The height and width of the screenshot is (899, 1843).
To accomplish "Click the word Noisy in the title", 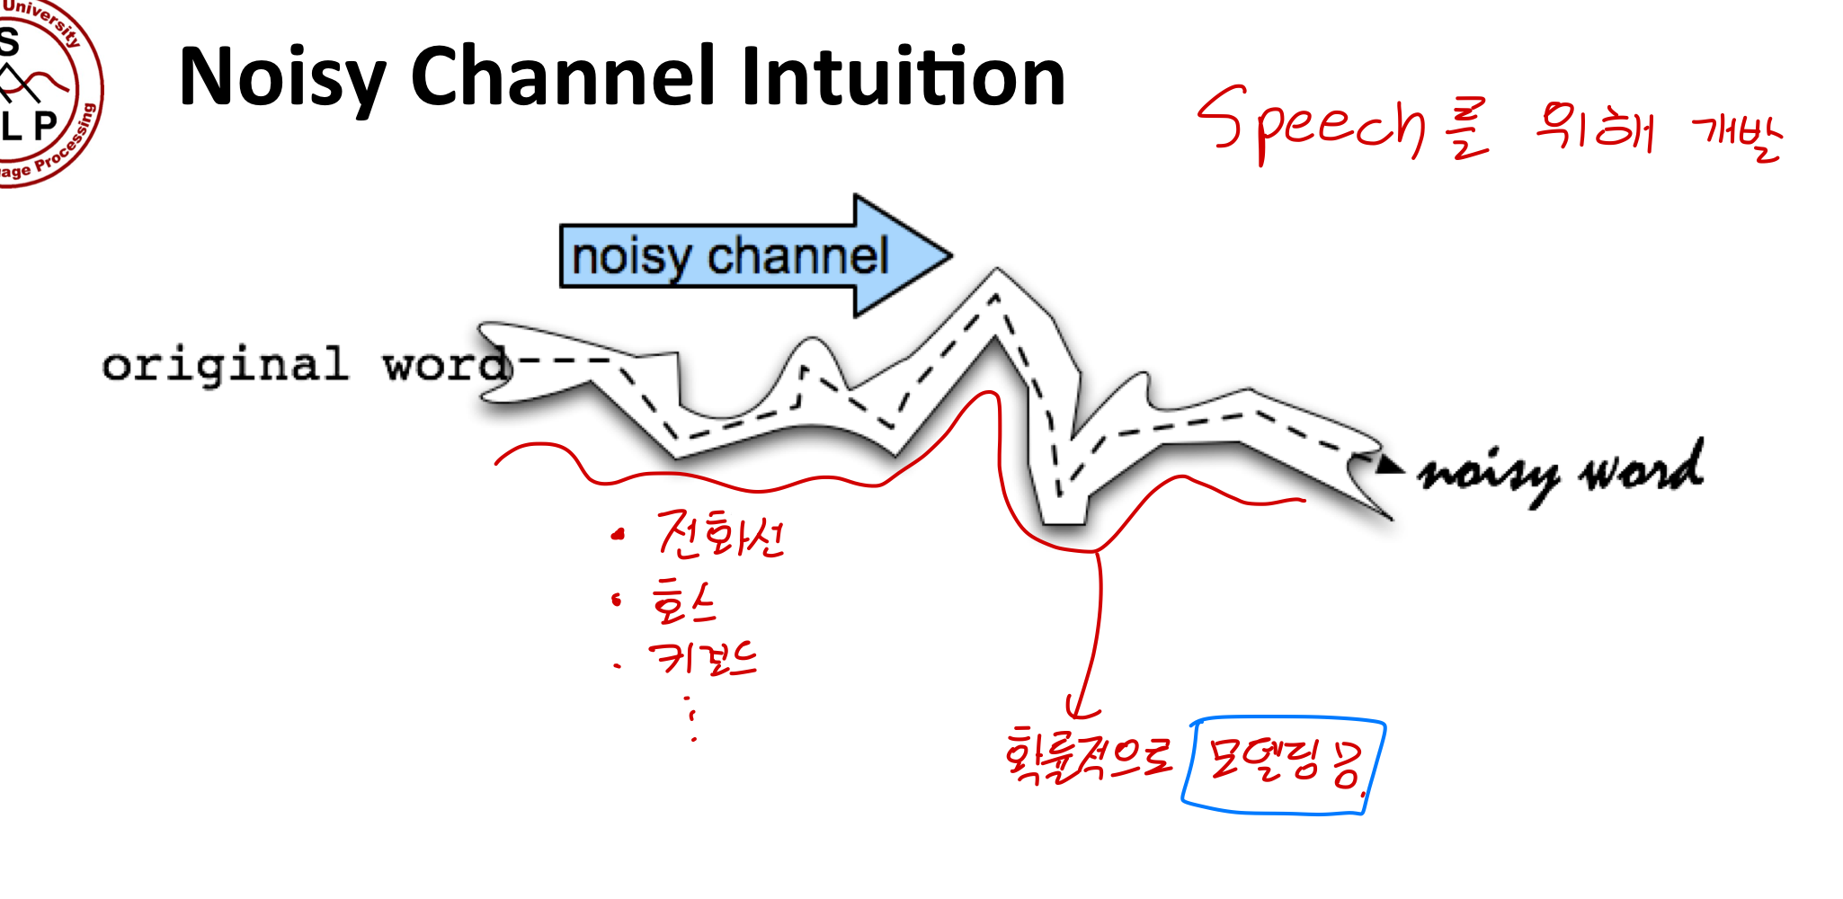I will pyautogui.click(x=281, y=79).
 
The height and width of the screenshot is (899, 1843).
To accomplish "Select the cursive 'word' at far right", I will pyautogui.click(x=1642, y=468).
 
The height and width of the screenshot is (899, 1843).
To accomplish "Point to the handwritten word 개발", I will pyautogui.click(x=1736, y=135).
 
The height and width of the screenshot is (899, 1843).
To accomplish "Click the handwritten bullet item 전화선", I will pyautogui.click(x=719, y=535).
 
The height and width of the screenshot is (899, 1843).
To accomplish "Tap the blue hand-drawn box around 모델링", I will pyautogui.click(x=1284, y=764).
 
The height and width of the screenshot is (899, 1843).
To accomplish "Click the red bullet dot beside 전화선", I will pyautogui.click(x=617, y=536).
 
